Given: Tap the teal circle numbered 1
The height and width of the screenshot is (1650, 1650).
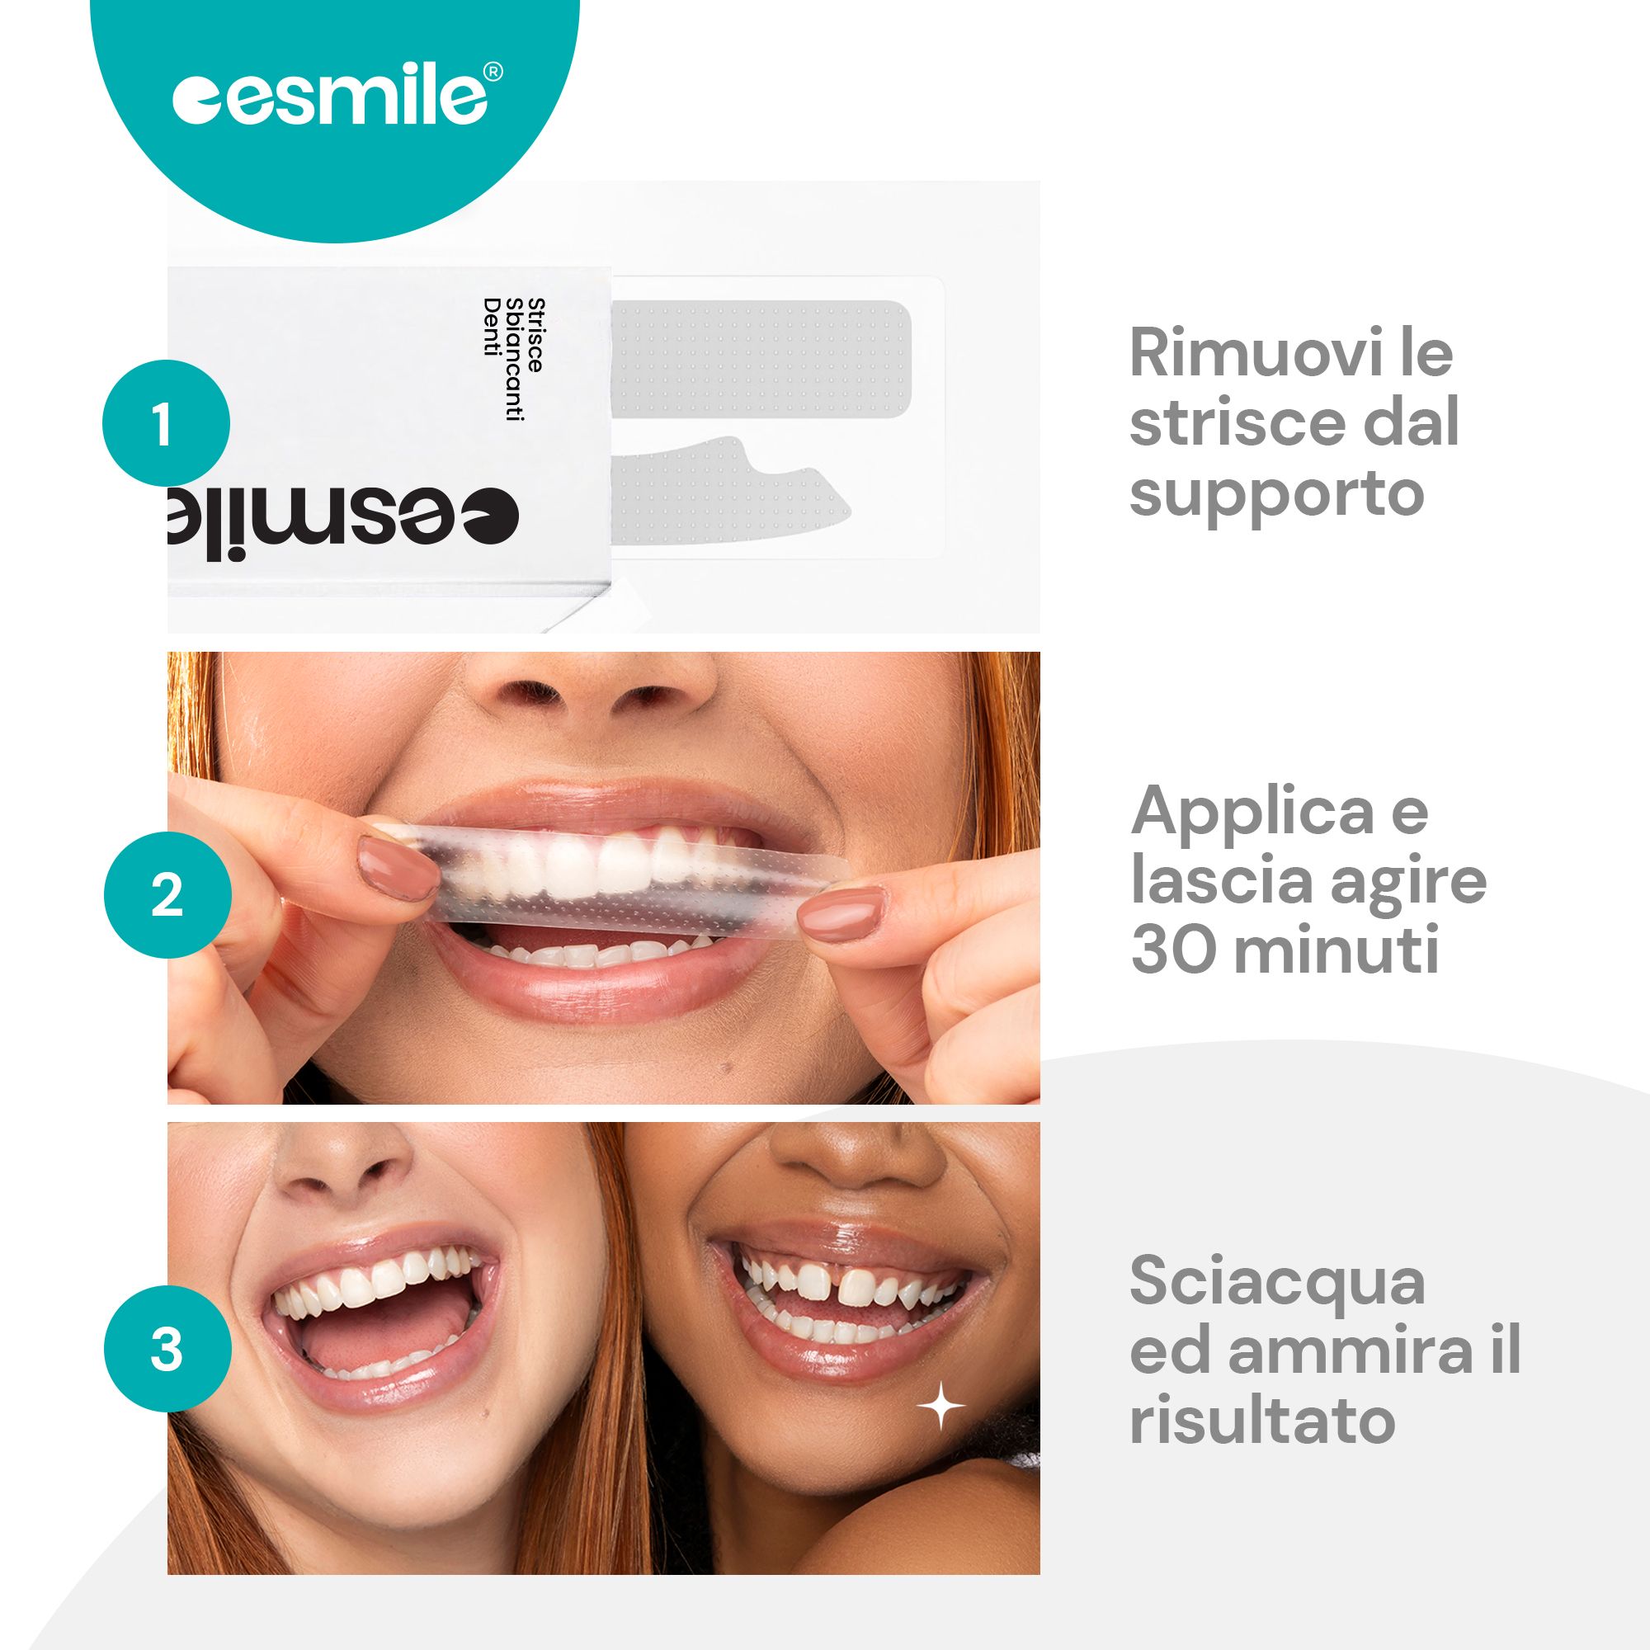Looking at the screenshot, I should (x=167, y=424).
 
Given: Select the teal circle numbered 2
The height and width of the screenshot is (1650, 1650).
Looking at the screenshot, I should (x=167, y=897).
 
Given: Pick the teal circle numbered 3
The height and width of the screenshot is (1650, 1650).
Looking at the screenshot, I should (x=167, y=1351).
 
